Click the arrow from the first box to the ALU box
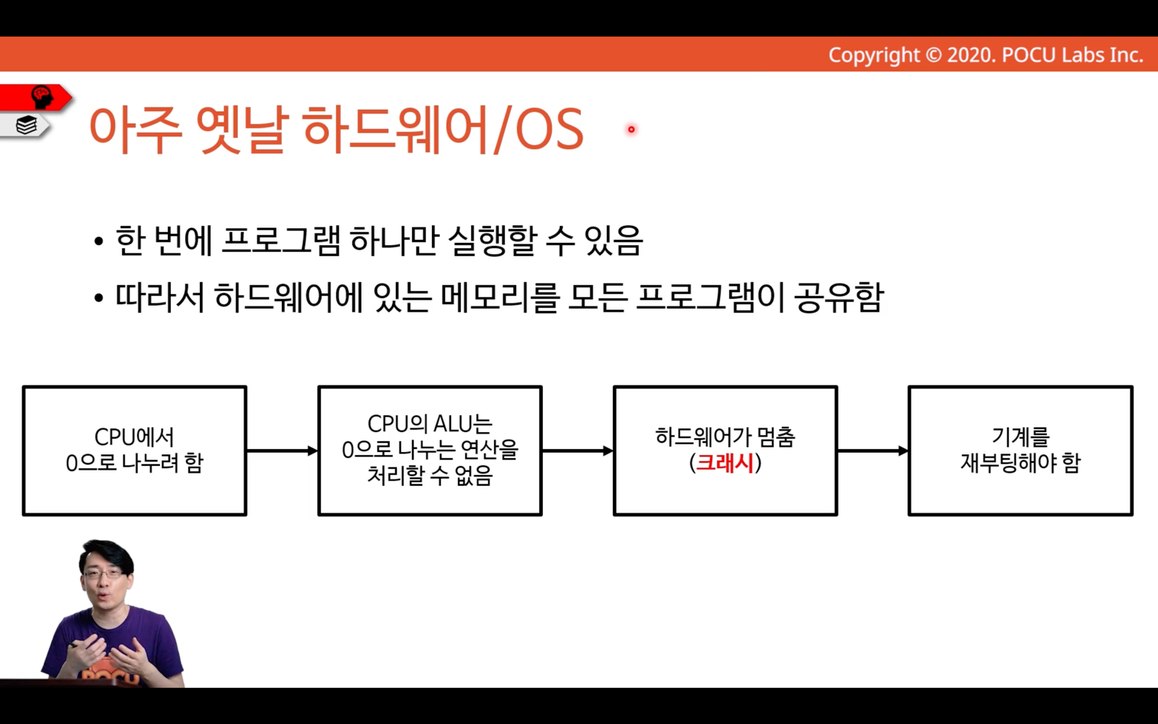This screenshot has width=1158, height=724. click(x=283, y=451)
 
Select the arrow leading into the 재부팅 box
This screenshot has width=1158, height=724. click(x=872, y=451)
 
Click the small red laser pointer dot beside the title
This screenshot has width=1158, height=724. click(x=631, y=129)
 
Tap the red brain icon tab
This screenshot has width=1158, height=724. click(x=36, y=97)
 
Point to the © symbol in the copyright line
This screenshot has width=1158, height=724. click(x=933, y=55)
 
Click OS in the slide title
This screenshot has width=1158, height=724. click(x=550, y=129)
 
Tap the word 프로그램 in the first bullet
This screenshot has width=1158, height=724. click(x=281, y=241)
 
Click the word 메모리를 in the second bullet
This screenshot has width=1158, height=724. click(x=500, y=297)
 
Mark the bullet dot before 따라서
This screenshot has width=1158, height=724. click(x=99, y=298)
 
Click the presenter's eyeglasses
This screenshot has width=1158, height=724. click(x=104, y=574)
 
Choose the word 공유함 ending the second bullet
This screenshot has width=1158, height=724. click(x=839, y=297)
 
